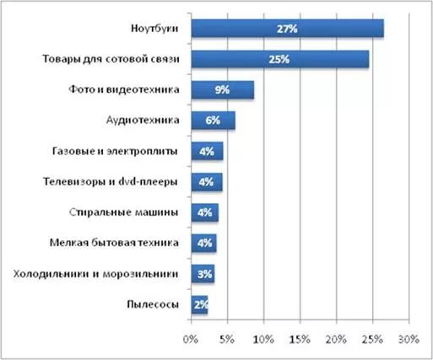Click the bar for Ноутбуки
287,29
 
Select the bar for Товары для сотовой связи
279,59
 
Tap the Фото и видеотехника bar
222,90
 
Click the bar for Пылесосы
198,304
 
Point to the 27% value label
287,29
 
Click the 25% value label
279,59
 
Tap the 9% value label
222,90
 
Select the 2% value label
199,304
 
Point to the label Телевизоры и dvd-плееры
122,181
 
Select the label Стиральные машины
133,212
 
